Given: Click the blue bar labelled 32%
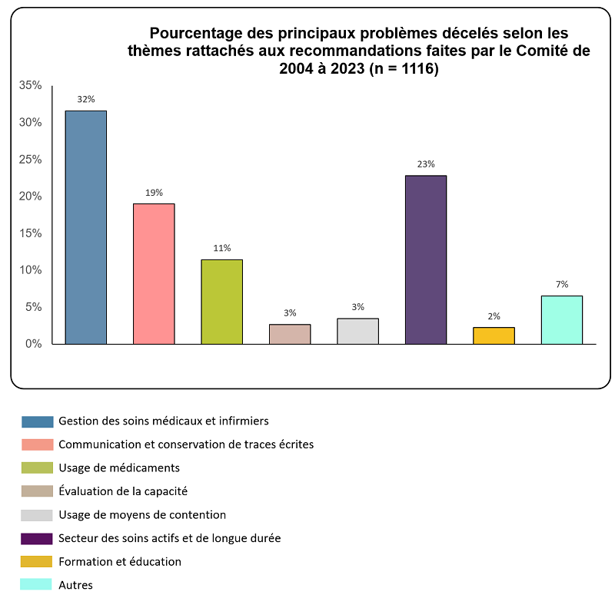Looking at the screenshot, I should (x=85, y=227).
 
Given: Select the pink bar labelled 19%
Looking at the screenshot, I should (x=154, y=273).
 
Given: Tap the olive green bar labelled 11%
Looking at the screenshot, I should (x=221, y=302).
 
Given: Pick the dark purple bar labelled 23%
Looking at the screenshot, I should (x=426, y=259).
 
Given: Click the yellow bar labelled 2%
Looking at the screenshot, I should (x=494, y=335).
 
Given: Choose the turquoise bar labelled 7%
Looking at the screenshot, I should (x=562, y=319).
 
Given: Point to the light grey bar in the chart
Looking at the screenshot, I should (x=357, y=331).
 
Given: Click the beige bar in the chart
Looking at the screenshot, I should (x=290, y=334).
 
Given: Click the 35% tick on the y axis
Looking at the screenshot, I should (x=31, y=85).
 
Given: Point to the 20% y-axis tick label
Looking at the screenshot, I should (x=31, y=197).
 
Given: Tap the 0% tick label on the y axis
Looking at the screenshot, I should (x=33, y=344).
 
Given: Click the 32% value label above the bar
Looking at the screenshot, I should (x=85, y=99).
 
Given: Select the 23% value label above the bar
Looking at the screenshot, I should (x=426, y=164).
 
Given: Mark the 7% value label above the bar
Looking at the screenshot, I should (x=562, y=284).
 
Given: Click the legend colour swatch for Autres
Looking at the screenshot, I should (x=37, y=585).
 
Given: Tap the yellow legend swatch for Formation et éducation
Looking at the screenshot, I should (x=37, y=561).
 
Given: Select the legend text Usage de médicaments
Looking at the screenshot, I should (x=119, y=467).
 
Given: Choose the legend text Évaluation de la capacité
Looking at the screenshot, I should (x=123, y=491).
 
